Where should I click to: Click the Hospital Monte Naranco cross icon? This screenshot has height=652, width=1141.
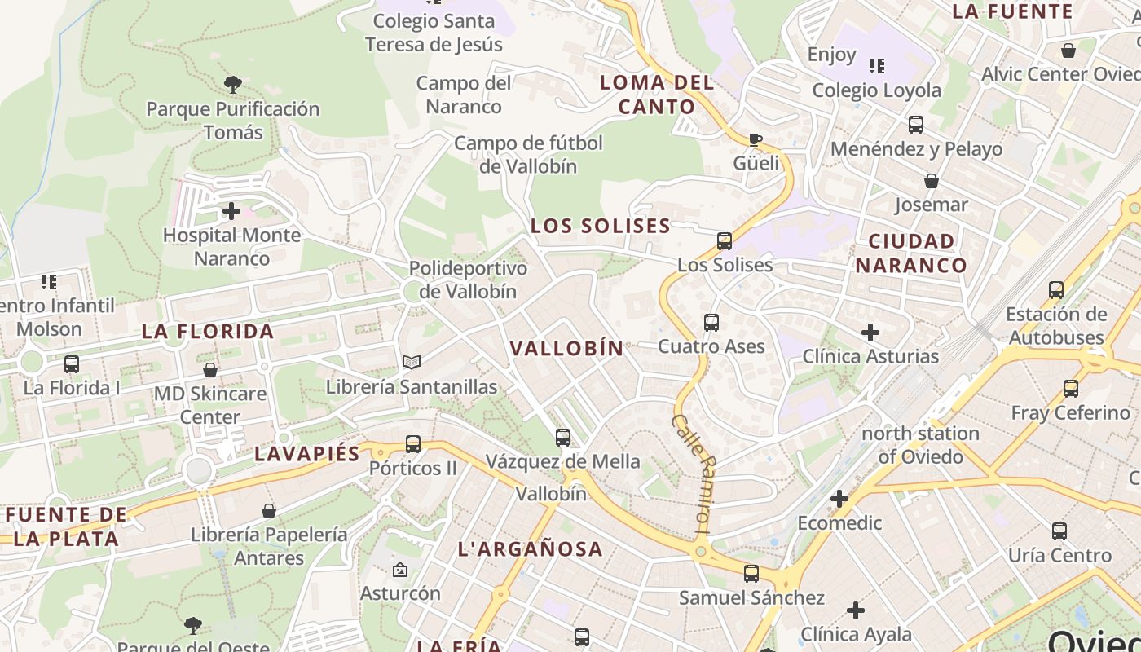231,212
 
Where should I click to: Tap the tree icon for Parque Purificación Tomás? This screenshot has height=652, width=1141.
233,84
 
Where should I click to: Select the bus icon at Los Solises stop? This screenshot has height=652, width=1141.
725,241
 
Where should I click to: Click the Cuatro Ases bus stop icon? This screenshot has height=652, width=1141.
711,323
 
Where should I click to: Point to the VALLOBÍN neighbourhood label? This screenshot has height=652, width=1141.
566,348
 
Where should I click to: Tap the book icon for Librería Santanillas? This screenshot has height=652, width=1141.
412,363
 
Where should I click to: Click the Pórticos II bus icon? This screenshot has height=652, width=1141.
413,444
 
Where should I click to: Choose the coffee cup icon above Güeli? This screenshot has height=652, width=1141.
756,139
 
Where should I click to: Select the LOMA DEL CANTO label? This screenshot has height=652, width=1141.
657,95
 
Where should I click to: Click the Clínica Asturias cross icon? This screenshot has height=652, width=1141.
870,333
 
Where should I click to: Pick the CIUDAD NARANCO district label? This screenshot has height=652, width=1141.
911,253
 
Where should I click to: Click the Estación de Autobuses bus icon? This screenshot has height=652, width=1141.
1056,290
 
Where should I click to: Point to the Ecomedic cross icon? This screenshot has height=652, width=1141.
839,499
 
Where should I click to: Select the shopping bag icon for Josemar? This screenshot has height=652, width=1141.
931,181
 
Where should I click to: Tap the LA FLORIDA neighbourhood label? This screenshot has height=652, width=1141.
208,332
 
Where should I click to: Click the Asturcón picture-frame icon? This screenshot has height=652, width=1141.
399,570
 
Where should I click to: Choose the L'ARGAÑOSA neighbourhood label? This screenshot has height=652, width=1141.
531,549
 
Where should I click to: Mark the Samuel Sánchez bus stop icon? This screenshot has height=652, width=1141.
751,574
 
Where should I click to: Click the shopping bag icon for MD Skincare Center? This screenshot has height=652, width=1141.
210,370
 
